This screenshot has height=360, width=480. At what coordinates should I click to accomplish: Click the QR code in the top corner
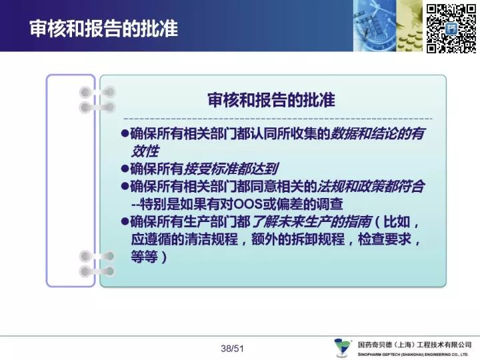(x=451, y=29)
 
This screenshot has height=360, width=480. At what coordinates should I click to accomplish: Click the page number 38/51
(x=233, y=349)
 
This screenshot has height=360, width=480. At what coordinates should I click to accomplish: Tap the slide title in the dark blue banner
(x=104, y=29)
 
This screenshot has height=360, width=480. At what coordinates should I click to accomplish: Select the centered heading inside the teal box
(x=271, y=100)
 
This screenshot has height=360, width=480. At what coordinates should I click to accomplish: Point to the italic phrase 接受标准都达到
(x=231, y=169)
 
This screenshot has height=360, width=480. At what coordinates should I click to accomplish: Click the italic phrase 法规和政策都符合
(x=371, y=187)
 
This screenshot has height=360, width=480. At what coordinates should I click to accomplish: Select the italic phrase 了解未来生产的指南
(x=312, y=221)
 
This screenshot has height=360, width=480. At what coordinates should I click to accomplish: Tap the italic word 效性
(x=145, y=151)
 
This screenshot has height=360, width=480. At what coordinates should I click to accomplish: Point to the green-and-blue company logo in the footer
(x=343, y=348)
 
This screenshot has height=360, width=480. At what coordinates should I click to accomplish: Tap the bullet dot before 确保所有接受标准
(x=125, y=169)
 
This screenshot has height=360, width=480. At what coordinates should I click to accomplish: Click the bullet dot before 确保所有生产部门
(x=125, y=221)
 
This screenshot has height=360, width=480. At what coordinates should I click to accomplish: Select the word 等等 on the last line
(x=145, y=257)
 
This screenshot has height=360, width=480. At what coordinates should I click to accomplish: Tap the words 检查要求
(x=385, y=239)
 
